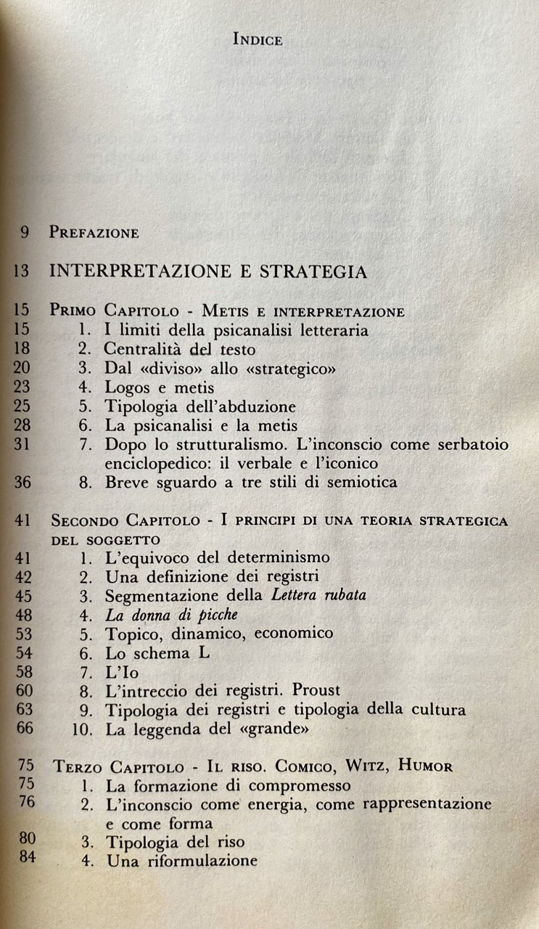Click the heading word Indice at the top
click(x=258, y=40)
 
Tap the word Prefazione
click(x=94, y=233)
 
